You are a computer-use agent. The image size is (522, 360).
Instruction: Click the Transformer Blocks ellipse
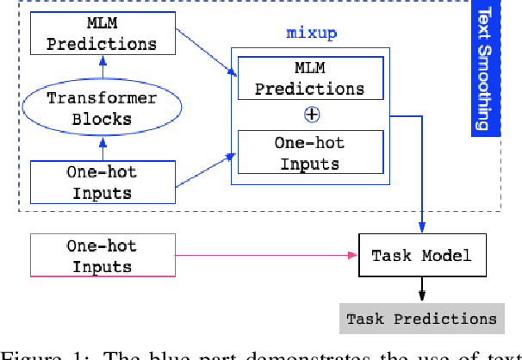[102, 109]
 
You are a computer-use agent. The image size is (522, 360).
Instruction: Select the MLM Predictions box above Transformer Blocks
[102, 33]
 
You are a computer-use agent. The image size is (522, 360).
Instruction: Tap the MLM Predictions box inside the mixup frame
[308, 78]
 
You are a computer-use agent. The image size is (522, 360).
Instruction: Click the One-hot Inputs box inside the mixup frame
[308, 152]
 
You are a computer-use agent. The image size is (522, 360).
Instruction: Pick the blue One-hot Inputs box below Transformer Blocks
[102, 182]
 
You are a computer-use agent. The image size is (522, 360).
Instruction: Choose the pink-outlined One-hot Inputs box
[102, 255]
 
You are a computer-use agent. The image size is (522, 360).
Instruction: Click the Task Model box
[421, 255]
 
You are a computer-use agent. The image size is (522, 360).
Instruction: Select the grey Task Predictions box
[421, 318]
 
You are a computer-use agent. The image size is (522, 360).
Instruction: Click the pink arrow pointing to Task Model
[267, 255]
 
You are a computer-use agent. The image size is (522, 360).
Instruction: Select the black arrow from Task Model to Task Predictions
[421, 289]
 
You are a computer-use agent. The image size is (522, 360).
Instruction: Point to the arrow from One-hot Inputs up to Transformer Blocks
[102, 146]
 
